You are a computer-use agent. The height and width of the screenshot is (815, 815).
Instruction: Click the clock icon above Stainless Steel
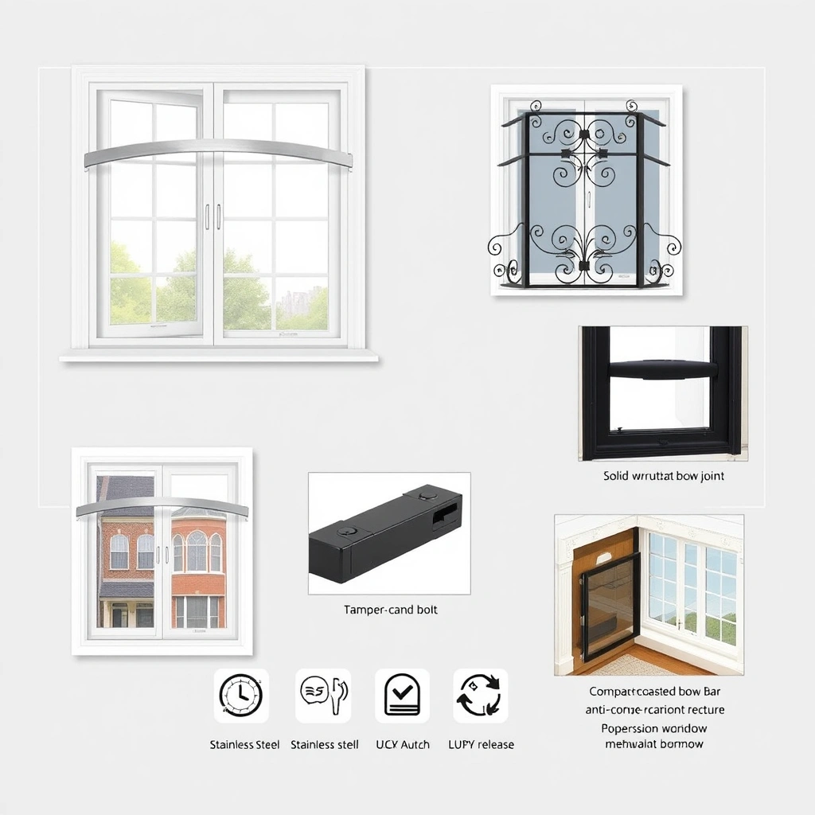(x=241, y=696)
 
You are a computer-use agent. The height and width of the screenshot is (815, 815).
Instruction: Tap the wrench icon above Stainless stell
(x=323, y=696)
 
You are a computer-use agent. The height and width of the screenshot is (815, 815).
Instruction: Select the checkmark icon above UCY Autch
(x=402, y=696)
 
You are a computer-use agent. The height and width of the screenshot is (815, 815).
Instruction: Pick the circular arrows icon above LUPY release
(x=480, y=696)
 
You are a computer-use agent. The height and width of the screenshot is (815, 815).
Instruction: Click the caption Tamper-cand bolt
(x=390, y=610)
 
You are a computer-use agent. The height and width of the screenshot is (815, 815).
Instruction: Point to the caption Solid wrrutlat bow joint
(x=664, y=476)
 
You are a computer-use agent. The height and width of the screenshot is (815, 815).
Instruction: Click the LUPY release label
(x=480, y=745)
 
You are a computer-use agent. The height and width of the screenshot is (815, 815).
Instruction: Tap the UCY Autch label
(x=402, y=745)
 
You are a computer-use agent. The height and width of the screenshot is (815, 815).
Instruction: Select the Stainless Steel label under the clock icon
(x=244, y=745)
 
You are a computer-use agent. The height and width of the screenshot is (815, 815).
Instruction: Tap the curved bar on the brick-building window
(x=151, y=506)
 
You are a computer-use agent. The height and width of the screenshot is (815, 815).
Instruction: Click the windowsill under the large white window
(x=218, y=357)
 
